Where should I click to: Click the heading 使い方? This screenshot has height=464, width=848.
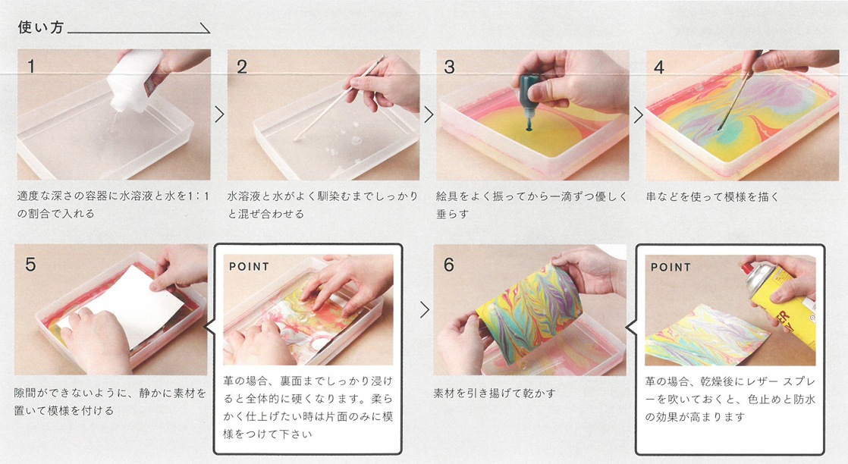point(40,27)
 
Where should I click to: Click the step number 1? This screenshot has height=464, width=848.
point(31,66)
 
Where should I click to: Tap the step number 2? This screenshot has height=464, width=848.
point(242,67)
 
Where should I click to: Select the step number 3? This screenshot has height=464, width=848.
point(450,67)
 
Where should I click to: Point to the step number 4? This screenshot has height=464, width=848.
point(658,67)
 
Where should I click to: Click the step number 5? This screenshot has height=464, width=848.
point(30,264)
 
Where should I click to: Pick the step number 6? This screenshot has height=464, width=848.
point(449,265)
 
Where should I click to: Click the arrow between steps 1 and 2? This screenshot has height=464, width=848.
point(219,114)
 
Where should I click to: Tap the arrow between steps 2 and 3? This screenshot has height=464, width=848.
point(429,114)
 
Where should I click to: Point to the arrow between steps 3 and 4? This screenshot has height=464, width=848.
point(638,114)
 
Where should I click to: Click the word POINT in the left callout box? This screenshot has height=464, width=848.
point(249,267)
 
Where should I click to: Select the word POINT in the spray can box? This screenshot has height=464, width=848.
point(671,267)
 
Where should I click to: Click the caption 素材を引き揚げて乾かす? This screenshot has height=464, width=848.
point(495,393)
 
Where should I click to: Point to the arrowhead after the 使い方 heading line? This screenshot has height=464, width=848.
point(206,29)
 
